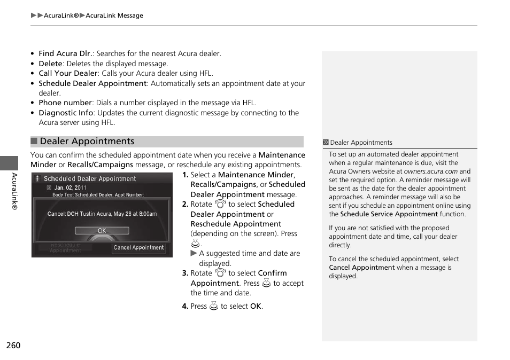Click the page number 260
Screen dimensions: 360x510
coord(13,346)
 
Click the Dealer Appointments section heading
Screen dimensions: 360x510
coord(87,142)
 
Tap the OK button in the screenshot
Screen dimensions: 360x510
coord(102,231)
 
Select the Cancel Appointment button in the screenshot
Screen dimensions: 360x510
coord(138,248)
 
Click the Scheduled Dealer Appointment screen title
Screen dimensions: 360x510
coord(89,179)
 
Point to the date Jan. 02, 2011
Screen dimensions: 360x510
coord(70,188)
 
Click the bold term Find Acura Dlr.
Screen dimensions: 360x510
coord(66,53)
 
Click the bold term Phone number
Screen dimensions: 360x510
coord(65,103)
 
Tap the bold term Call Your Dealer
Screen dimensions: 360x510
coord(68,73)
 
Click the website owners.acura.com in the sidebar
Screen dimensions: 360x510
coord(430,171)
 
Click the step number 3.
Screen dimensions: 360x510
coord(185,273)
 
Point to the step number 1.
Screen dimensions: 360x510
coord(185,175)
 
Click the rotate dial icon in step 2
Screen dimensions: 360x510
coord(220,204)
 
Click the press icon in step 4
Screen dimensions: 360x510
coord(214,307)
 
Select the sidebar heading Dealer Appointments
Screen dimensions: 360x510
coord(361,143)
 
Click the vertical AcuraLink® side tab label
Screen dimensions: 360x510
coord(14,191)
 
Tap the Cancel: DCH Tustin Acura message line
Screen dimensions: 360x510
coord(102,214)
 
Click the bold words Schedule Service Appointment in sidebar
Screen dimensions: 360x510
coord(389,214)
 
